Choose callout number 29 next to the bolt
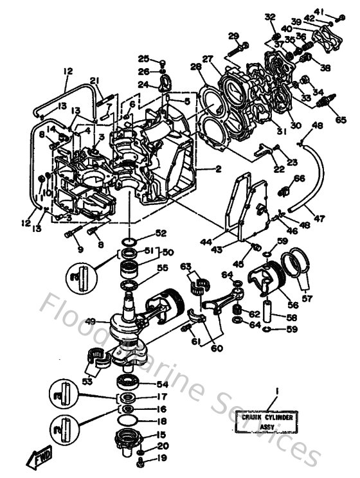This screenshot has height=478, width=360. coord(233,35)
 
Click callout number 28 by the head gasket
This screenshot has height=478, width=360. coord(195,67)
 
